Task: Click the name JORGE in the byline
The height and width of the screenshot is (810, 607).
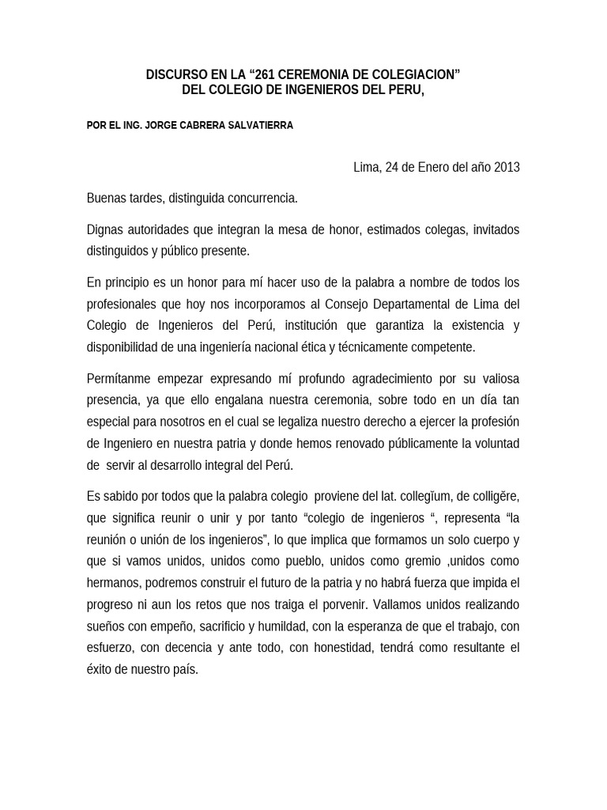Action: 162,125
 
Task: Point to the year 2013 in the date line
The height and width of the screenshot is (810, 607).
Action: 507,168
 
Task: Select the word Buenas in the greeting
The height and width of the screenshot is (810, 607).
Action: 107,198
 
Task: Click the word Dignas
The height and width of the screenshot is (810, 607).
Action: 106,229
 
